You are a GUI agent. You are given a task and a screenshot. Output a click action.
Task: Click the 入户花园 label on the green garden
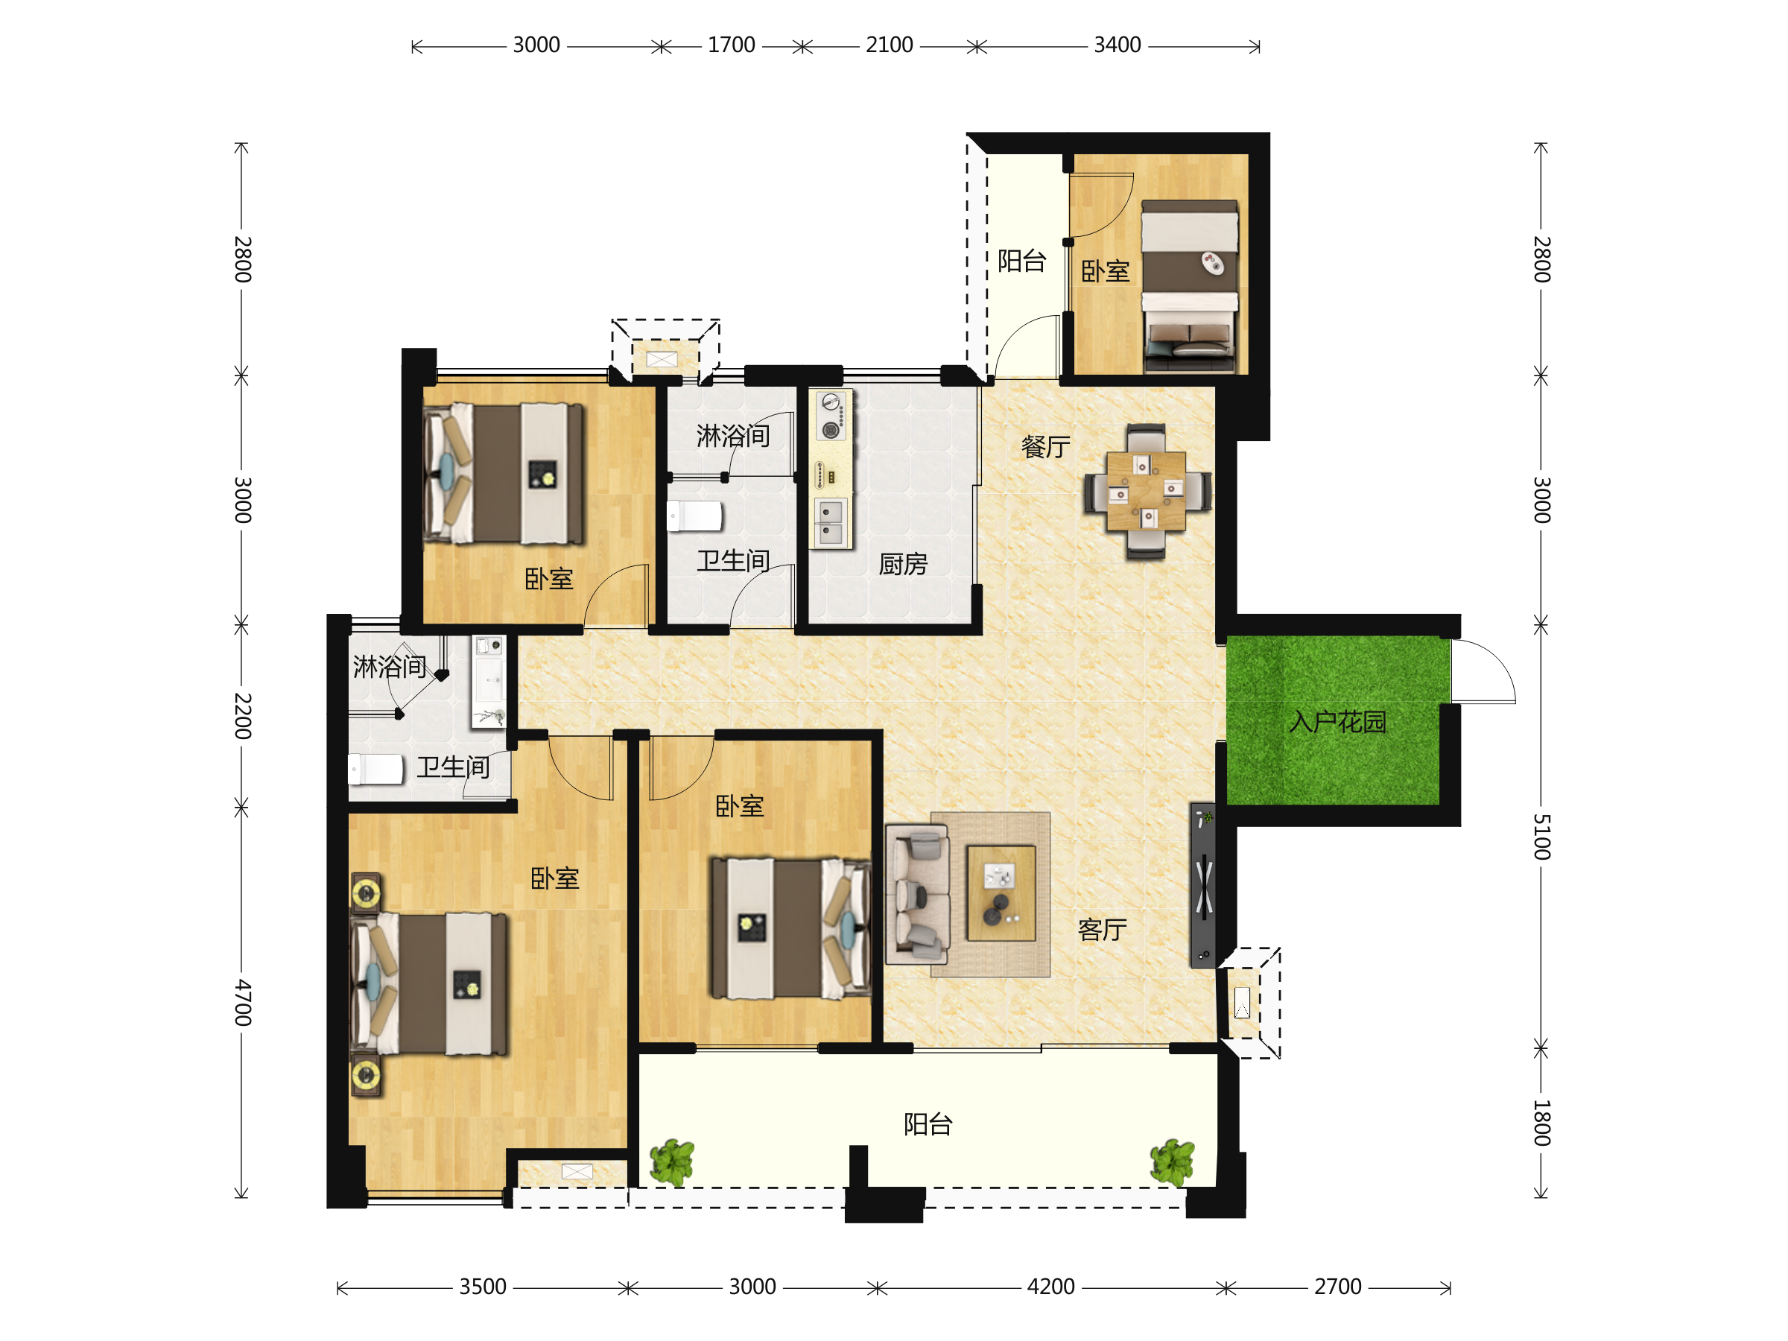tap(1337, 722)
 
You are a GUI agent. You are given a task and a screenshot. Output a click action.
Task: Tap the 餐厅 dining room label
tap(1045, 446)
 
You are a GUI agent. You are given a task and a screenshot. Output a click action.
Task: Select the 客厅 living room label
tap(1102, 930)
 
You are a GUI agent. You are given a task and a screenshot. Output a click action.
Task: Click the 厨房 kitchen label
tap(903, 563)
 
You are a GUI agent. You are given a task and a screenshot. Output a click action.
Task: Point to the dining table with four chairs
tap(1147, 492)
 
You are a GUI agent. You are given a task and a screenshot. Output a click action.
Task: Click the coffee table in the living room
tap(1001, 893)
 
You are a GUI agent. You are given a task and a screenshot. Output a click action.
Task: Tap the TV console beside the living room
tap(1202, 885)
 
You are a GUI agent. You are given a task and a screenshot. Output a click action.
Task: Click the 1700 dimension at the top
tap(732, 45)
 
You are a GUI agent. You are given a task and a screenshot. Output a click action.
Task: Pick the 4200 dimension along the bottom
tap(1050, 1287)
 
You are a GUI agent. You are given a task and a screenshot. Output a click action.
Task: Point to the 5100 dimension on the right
tap(1541, 837)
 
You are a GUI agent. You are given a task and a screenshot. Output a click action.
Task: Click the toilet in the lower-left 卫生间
tap(376, 770)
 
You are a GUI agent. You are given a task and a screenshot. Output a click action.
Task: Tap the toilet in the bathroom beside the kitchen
tap(695, 516)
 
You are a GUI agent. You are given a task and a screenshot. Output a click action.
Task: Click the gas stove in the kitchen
tap(831, 416)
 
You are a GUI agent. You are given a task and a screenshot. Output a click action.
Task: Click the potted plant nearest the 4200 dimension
tap(1172, 1162)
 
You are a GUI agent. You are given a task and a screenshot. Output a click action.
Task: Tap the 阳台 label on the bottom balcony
tap(928, 1123)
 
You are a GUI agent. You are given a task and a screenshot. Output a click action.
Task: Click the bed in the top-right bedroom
tap(1189, 286)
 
